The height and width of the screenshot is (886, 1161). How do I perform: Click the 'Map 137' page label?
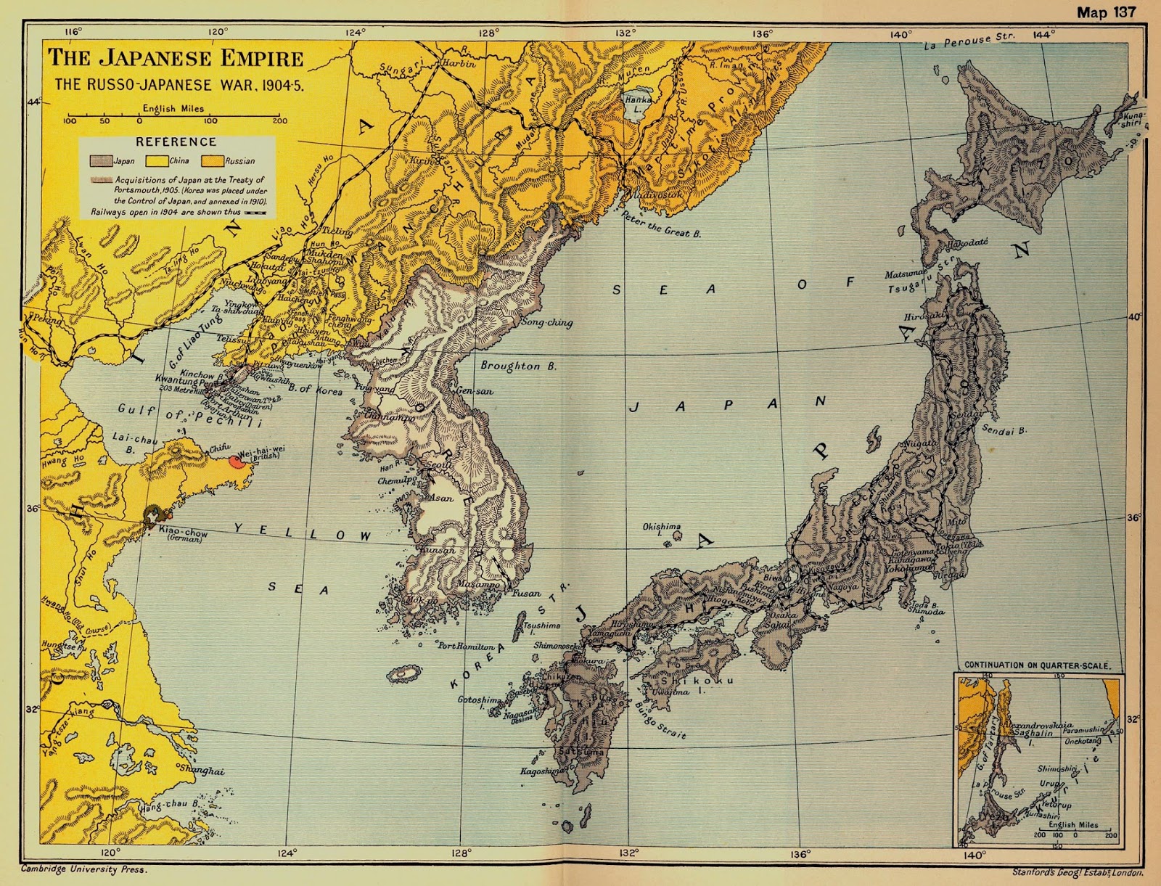pyautogui.click(x=1106, y=12)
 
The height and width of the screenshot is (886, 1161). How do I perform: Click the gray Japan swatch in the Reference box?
pyautogui.click(x=100, y=161)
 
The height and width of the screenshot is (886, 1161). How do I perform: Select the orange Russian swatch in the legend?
pyautogui.click(x=212, y=161)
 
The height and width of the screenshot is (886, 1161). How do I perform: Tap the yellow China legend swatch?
pyautogui.click(x=157, y=161)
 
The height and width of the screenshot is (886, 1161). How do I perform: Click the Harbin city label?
pyautogui.click(x=459, y=63)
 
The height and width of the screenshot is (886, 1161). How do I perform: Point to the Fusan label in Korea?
pyautogui.click(x=526, y=593)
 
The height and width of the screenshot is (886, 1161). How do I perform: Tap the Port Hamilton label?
pyautogui.click(x=466, y=646)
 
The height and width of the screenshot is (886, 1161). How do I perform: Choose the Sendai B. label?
pyautogui.click(x=1004, y=430)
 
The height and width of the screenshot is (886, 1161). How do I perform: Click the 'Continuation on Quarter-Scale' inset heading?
pyautogui.click(x=1036, y=665)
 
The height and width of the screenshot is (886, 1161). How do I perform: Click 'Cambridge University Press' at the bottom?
pyautogui.click(x=83, y=869)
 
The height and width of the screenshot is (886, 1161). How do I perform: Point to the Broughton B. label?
pyautogui.click(x=518, y=366)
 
